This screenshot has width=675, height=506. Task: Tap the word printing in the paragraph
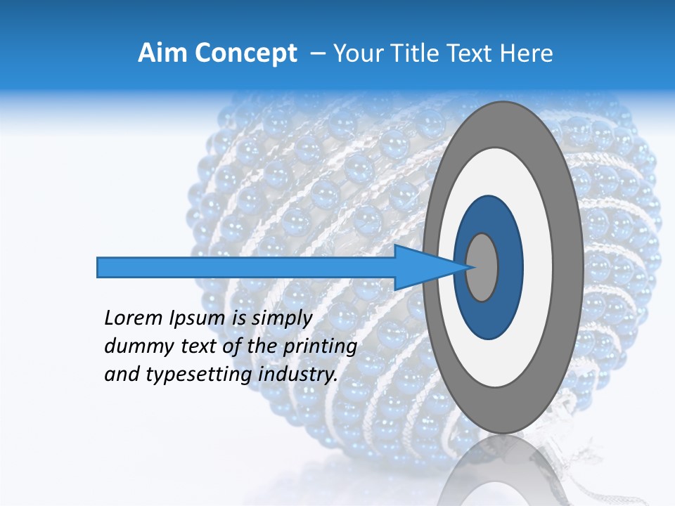click(319, 346)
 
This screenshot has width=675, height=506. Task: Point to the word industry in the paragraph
click(298, 375)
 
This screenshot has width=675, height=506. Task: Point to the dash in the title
click(318, 53)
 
